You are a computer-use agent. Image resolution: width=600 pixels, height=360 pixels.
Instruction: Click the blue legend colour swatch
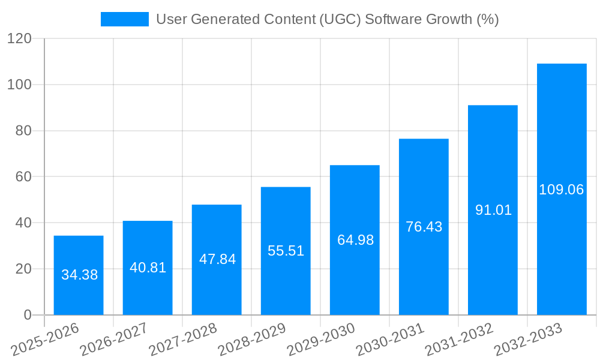pos(124,19)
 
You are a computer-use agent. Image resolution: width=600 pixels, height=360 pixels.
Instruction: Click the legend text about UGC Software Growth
pos(327,19)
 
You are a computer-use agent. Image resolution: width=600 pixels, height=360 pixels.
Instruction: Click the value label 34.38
pos(79,275)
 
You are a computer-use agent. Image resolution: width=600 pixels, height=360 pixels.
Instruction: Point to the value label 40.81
pos(148,268)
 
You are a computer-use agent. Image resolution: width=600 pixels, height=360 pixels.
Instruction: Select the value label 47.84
pos(217,259)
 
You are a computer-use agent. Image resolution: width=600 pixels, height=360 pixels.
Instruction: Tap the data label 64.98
pos(355,240)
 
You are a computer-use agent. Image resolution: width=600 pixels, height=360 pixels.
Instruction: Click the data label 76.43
pos(424,227)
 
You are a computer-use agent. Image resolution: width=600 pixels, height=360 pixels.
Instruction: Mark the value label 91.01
pos(493,210)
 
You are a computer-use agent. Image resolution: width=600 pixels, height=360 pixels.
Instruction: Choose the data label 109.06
pos(561,190)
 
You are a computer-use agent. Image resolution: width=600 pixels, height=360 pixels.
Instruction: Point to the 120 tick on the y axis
pos(19,38)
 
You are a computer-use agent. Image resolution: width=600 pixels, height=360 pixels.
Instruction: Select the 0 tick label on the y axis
pos(27,315)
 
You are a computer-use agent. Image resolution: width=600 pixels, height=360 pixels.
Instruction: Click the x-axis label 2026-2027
pos(114,339)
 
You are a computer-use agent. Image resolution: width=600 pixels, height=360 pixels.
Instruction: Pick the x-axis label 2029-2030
pos(321,339)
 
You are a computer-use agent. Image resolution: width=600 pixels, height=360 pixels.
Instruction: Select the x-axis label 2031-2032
pos(459,339)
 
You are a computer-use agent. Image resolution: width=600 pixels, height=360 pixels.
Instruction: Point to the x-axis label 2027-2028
pos(183,339)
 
